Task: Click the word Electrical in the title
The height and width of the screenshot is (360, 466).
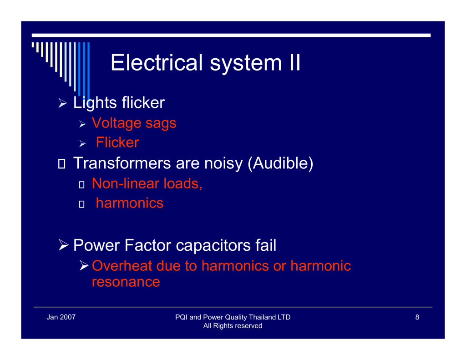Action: point(157,62)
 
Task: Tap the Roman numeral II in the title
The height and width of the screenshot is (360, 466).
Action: point(294,62)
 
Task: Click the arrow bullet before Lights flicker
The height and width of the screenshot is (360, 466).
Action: point(63,103)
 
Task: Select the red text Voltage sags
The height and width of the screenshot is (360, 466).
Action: point(134,123)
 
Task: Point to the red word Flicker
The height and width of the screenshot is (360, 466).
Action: point(117,142)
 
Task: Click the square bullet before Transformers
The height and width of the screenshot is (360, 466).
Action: point(61,164)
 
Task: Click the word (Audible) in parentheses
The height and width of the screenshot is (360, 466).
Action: point(280,163)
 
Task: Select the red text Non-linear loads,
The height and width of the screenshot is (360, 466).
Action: point(147,183)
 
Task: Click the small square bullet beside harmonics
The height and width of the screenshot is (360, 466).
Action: point(82,204)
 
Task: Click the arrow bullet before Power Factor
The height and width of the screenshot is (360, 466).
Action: point(64,245)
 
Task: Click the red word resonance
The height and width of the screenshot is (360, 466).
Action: point(126,282)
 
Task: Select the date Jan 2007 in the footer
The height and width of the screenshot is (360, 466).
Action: point(61,317)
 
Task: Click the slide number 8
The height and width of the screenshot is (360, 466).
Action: point(417,317)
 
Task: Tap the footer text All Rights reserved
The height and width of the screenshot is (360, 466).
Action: point(233,326)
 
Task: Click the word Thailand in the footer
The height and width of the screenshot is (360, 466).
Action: point(263,317)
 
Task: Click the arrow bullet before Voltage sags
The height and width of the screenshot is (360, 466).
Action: point(82,124)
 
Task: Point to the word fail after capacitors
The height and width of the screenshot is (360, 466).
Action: point(266,245)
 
